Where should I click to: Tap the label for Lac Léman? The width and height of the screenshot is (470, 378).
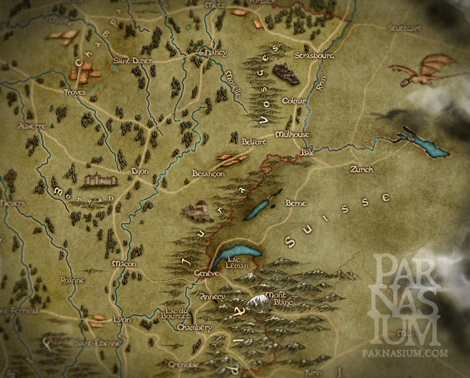237,262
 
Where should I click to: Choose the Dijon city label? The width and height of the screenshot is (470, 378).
139,171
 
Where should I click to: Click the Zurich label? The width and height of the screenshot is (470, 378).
362,169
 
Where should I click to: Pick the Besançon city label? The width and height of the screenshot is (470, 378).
209,174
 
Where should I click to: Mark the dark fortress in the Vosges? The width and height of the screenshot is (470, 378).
285,73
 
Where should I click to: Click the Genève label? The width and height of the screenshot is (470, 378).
205,274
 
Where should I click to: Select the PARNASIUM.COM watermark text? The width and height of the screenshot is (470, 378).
405,353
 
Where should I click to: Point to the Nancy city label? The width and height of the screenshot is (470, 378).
215,53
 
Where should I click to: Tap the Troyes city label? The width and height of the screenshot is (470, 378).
75,92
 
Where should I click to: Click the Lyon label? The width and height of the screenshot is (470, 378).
122,320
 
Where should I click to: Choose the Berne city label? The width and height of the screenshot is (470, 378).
296,203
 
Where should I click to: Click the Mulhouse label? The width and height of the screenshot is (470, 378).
292,135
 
